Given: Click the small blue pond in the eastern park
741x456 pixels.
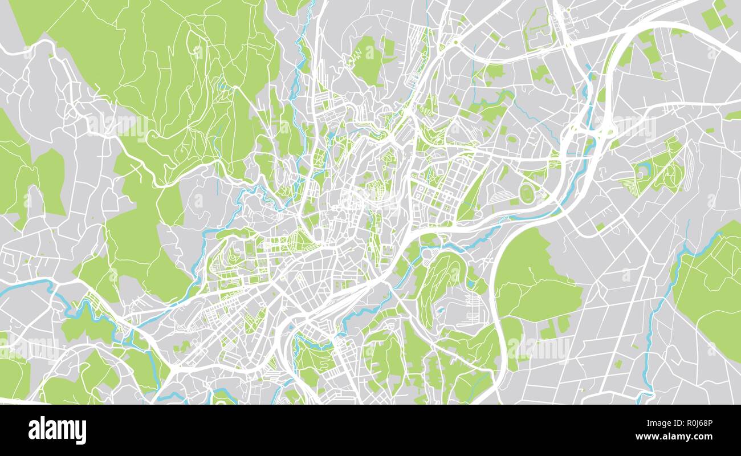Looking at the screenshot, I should (x=645, y=167).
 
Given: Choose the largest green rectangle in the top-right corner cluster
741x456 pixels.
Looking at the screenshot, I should (x=710, y=19).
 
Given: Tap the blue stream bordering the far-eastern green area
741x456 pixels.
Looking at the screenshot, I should (x=664, y=296).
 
